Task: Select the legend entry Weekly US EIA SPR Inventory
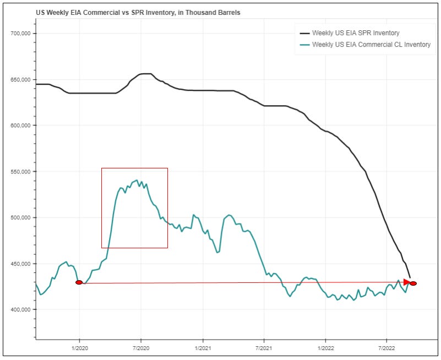coord(356,33)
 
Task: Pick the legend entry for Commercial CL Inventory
coord(371,45)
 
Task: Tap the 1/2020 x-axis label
coord(80,348)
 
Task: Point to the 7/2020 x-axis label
coord(141,348)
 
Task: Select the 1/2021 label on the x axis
coord(203,348)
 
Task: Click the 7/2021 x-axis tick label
coord(264,348)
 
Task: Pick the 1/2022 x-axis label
coord(326,348)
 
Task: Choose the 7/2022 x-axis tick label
coord(386,348)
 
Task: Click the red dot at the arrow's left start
coord(79,282)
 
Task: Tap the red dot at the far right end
coord(413,283)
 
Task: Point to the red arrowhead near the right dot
coord(407,282)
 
